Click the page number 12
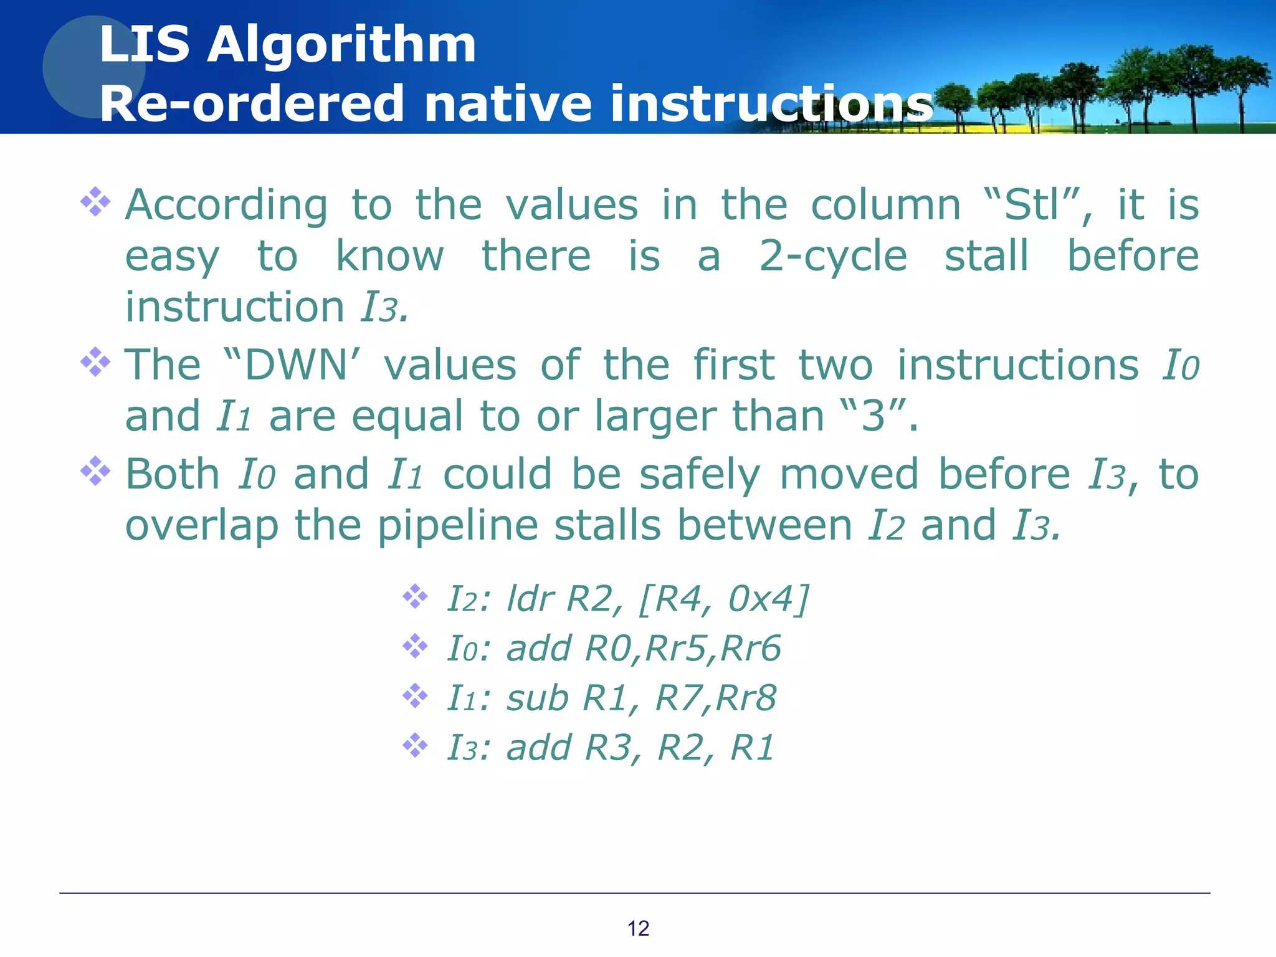638,928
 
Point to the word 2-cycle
833,257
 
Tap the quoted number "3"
872,416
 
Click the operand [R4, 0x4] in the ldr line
724,599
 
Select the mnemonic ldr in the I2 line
530,599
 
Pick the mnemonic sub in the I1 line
537,698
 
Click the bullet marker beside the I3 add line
415,745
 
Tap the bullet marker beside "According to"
95,202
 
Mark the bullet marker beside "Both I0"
95,472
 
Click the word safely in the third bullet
700,475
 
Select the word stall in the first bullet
986,257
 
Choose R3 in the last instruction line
608,748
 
